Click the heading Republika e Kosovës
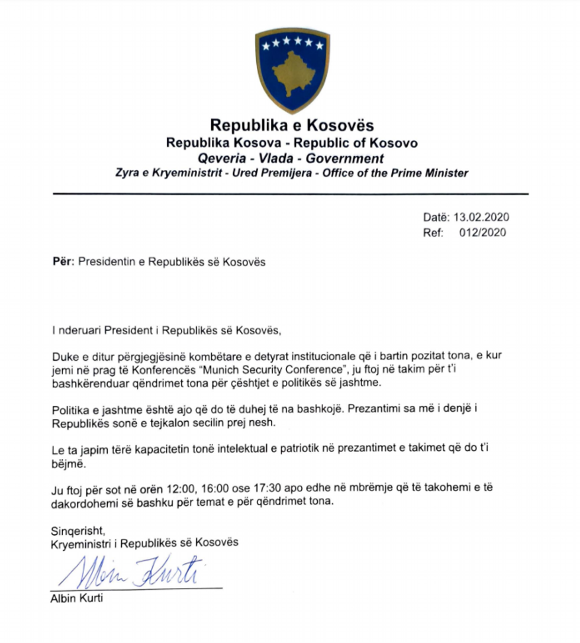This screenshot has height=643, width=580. click(292, 125)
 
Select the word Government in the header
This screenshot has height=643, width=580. click(345, 159)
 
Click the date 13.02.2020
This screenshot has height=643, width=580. click(481, 218)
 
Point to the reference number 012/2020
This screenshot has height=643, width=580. click(482, 232)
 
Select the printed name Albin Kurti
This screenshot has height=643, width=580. click(77, 599)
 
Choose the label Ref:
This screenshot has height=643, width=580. click(433, 232)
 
